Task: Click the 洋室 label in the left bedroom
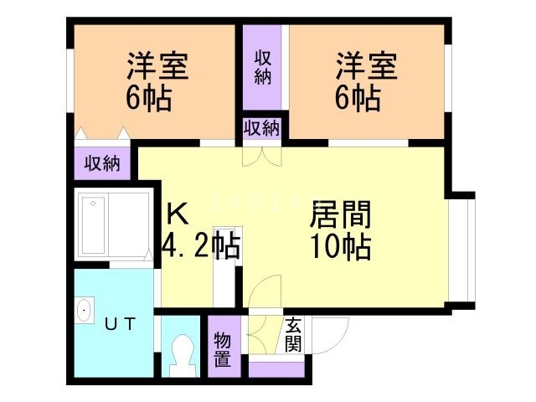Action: [x=157, y=68]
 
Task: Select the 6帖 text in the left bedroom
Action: [x=150, y=100]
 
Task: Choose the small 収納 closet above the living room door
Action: [x=262, y=129]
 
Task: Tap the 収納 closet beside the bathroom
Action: [x=101, y=163]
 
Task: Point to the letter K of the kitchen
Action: [x=177, y=214]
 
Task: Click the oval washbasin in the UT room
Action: [x=84, y=312]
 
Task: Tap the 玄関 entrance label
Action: [x=293, y=335]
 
